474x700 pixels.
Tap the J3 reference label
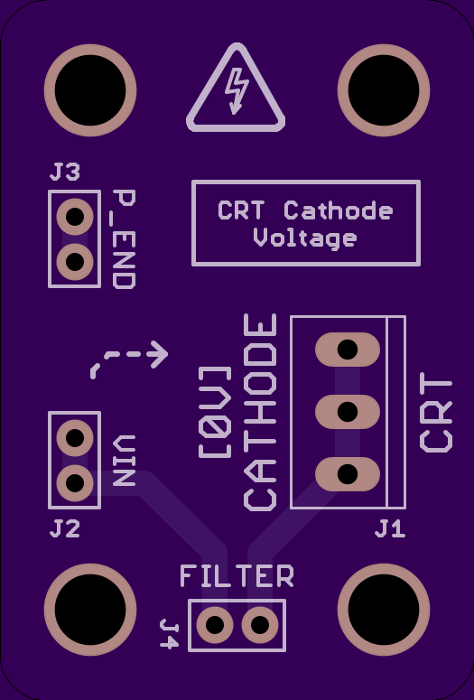65,172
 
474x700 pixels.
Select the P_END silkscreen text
124,239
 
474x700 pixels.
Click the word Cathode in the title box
339,210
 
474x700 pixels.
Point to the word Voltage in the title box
305,238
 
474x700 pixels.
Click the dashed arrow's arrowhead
159,354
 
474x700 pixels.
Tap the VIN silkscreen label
124,461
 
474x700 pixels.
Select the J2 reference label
65,528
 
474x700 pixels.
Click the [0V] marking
215,412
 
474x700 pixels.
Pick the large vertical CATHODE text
260,412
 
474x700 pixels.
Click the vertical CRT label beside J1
435,413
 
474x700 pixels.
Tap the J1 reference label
390,528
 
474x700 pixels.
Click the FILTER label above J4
237,576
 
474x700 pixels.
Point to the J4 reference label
170,633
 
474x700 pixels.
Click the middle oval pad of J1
348,412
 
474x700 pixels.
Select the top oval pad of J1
348,350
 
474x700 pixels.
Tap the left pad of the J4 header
215,625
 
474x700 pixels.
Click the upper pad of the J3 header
75,217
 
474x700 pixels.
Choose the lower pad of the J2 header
75,483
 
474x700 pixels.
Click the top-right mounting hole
384,89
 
